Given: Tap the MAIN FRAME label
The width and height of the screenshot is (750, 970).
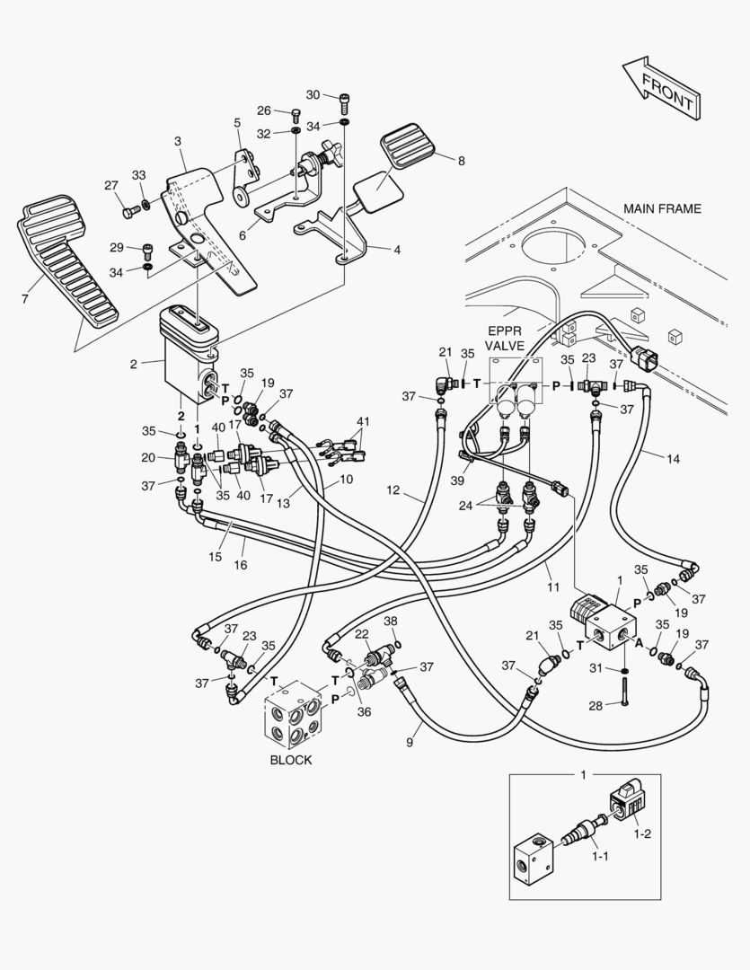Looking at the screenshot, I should coord(662,208).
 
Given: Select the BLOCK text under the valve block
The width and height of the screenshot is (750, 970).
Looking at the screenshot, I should coord(291,760).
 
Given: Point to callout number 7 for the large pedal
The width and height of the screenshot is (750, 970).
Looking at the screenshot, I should coord(24,297).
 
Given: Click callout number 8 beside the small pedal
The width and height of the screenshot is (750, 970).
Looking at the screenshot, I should coord(461,161).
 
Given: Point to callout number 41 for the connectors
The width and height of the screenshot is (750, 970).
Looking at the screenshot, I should coord(362,422).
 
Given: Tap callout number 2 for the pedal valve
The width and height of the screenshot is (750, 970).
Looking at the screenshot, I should coord(133,364).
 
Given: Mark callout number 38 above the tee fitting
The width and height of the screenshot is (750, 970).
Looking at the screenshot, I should coord(390,621).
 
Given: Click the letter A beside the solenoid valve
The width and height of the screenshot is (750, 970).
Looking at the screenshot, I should coord(639,642).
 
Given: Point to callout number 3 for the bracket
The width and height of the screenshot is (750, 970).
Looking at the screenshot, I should coord(177,141).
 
